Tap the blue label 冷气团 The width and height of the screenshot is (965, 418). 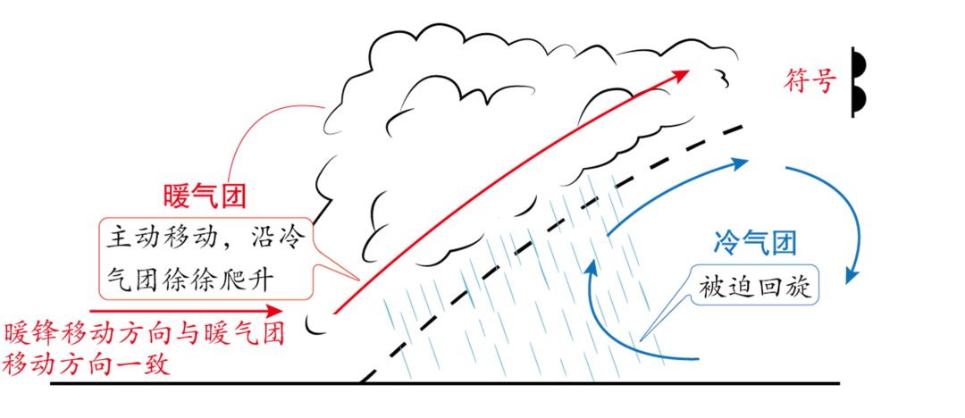[x=755, y=241]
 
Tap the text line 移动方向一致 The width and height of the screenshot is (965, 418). [x=87, y=364]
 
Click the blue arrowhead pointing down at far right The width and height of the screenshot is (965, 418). [x=853, y=272]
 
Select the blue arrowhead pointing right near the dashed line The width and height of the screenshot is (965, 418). [x=739, y=164]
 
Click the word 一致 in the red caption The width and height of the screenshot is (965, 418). [x=145, y=364]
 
